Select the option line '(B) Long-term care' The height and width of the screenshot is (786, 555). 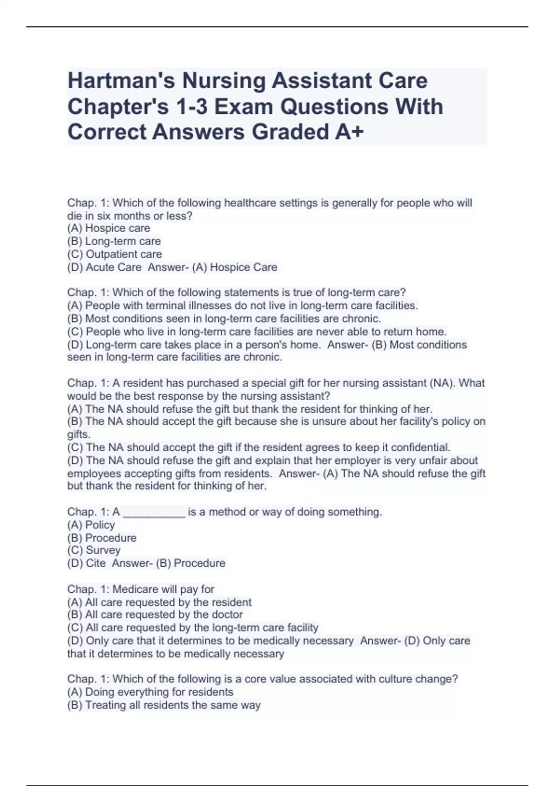click(114, 241)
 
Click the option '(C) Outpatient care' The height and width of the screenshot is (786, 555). click(115, 254)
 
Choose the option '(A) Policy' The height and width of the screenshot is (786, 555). click(91, 525)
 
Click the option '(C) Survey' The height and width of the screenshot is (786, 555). click(94, 550)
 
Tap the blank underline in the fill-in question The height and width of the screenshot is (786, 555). click(154, 512)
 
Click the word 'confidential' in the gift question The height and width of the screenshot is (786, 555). click(420, 447)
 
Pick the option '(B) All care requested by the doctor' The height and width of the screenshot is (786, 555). click(155, 614)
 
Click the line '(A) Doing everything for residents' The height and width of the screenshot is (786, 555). click(150, 692)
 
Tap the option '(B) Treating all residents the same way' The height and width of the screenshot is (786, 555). click(164, 705)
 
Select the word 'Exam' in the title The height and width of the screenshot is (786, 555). click(243, 107)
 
